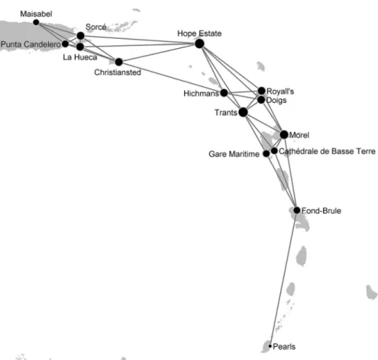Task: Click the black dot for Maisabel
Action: pos(36,22)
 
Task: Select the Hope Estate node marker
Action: pos(199,43)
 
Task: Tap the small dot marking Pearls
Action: pos(270,346)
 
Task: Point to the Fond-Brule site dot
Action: pos(297,211)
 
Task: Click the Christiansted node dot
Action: pos(118,62)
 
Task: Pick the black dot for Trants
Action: pos(243,112)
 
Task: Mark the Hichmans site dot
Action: pos(224,93)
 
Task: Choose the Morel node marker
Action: pos(284,134)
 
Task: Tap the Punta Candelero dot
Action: pos(65,43)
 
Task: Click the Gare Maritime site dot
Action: pos(267,153)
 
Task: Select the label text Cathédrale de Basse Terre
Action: pos(327,151)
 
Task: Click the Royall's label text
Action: pos(280,92)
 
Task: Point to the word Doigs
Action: pos(276,101)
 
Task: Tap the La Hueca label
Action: pos(80,57)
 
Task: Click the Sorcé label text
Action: pos(96,27)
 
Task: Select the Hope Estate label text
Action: pos(199,34)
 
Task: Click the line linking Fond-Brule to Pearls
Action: pos(283,278)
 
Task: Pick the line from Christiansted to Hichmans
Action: pos(171,77)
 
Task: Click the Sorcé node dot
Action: pos(80,36)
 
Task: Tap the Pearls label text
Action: pos(284,346)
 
